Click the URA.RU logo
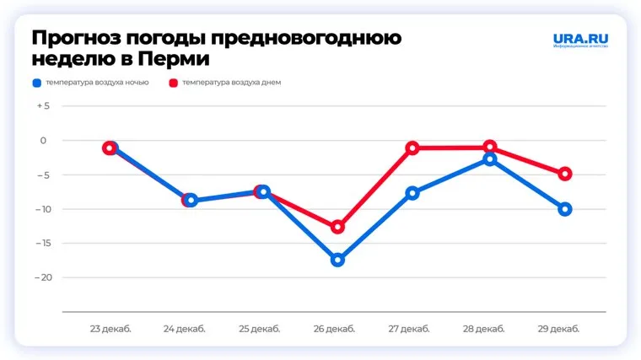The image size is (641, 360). (x=579, y=39)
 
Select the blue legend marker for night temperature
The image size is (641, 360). (x=36, y=83)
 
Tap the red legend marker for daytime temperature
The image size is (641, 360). (x=173, y=83)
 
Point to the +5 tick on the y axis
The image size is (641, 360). (x=43, y=106)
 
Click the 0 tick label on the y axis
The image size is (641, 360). (x=45, y=141)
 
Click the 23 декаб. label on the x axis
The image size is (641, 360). (x=110, y=329)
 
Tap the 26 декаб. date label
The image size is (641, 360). (x=337, y=329)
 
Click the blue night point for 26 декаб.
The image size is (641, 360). (x=337, y=260)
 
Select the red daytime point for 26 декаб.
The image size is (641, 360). (x=337, y=227)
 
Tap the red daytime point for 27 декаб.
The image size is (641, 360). (x=412, y=148)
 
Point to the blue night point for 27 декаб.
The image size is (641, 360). (x=412, y=193)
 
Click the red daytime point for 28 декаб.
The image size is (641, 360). (x=490, y=148)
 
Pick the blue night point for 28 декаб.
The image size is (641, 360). (x=490, y=159)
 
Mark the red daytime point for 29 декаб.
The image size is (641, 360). (x=565, y=174)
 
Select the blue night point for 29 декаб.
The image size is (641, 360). (x=565, y=209)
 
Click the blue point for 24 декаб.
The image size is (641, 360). (x=191, y=201)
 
